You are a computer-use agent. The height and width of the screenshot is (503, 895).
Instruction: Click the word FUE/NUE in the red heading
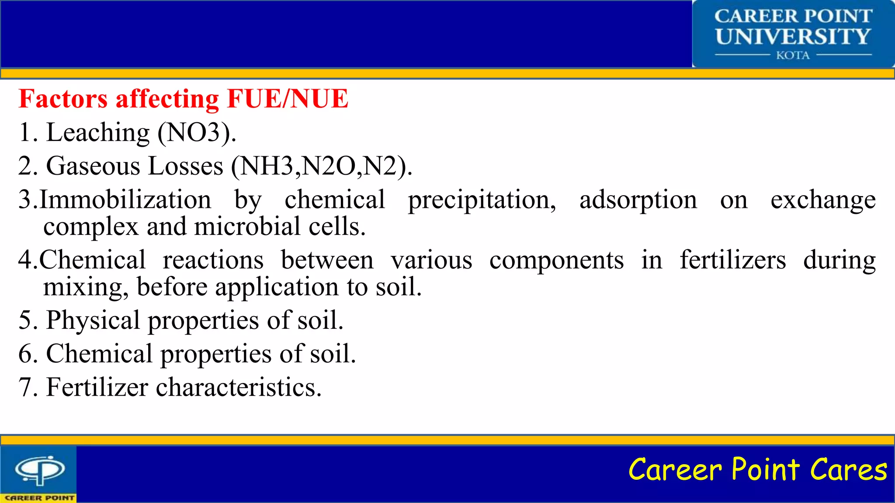coord(288,99)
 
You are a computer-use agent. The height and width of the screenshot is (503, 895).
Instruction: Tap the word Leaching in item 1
coord(98,133)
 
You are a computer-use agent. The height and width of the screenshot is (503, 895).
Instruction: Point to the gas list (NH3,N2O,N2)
coord(321,166)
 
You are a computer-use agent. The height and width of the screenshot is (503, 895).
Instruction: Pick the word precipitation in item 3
coord(482,200)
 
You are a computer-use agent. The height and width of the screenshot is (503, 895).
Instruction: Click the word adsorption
coord(638,200)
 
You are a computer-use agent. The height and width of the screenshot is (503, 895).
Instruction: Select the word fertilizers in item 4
coord(733,260)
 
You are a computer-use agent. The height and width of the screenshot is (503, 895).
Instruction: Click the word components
coord(556,260)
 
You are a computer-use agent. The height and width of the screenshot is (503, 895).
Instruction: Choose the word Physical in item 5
coord(93,320)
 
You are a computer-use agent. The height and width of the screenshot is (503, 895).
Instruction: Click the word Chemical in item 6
coord(99,354)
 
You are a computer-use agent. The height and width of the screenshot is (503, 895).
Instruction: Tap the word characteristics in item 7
coord(239,387)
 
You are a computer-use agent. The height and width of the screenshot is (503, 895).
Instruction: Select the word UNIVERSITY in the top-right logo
coord(793,37)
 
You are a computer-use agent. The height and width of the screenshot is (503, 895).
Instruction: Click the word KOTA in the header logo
coord(793,55)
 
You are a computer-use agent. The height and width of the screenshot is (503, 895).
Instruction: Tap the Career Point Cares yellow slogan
coord(757,470)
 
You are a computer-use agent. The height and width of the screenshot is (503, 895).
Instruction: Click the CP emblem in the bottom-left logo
coord(40,470)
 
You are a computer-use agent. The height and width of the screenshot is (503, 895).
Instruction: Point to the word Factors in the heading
coord(63,99)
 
